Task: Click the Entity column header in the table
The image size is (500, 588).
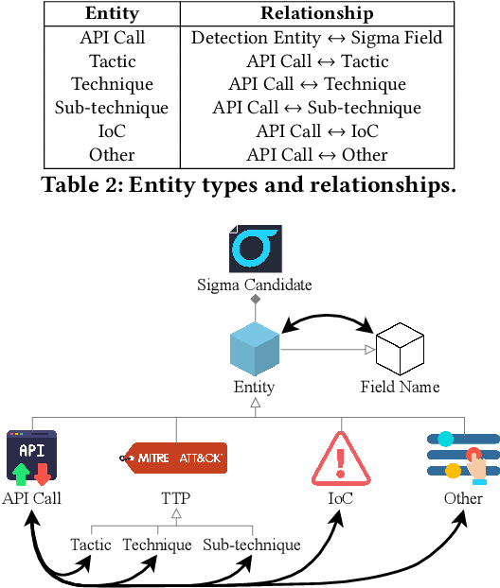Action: pyautogui.click(x=113, y=14)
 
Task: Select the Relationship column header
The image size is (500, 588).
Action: pyautogui.click(x=317, y=14)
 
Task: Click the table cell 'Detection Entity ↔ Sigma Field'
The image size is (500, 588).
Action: pyautogui.click(x=317, y=38)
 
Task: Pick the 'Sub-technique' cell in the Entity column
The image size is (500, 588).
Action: pyautogui.click(x=113, y=108)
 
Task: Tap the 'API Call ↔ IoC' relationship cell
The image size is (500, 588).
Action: pyautogui.click(x=317, y=131)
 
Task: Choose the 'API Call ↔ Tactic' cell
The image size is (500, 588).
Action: pyautogui.click(x=317, y=61)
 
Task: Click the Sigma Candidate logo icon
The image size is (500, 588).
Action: pyautogui.click(x=255, y=248)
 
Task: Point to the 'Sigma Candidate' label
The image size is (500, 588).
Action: pyautogui.click(x=255, y=284)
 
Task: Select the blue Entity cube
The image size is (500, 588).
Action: pyautogui.click(x=255, y=348)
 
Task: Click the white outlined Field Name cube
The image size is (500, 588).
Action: pyautogui.click(x=399, y=348)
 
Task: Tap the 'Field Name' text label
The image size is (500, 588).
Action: pyautogui.click(x=400, y=387)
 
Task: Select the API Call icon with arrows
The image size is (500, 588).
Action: pyautogui.click(x=31, y=457)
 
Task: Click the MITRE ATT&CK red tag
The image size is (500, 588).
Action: pyautogui.click(x=174, y=458)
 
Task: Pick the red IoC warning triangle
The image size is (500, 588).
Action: pyautogui.click(x=339, y=457)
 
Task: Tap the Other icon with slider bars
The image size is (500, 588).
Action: pyautogui.click(x=463, y=457)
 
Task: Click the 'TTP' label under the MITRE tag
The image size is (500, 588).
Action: pyautogui.click(x=174, y=497)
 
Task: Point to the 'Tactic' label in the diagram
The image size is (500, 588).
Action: pyautogui.click(x=91, y=545)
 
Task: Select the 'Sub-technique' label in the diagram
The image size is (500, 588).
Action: pyautogui.click(x=252, y=545)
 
